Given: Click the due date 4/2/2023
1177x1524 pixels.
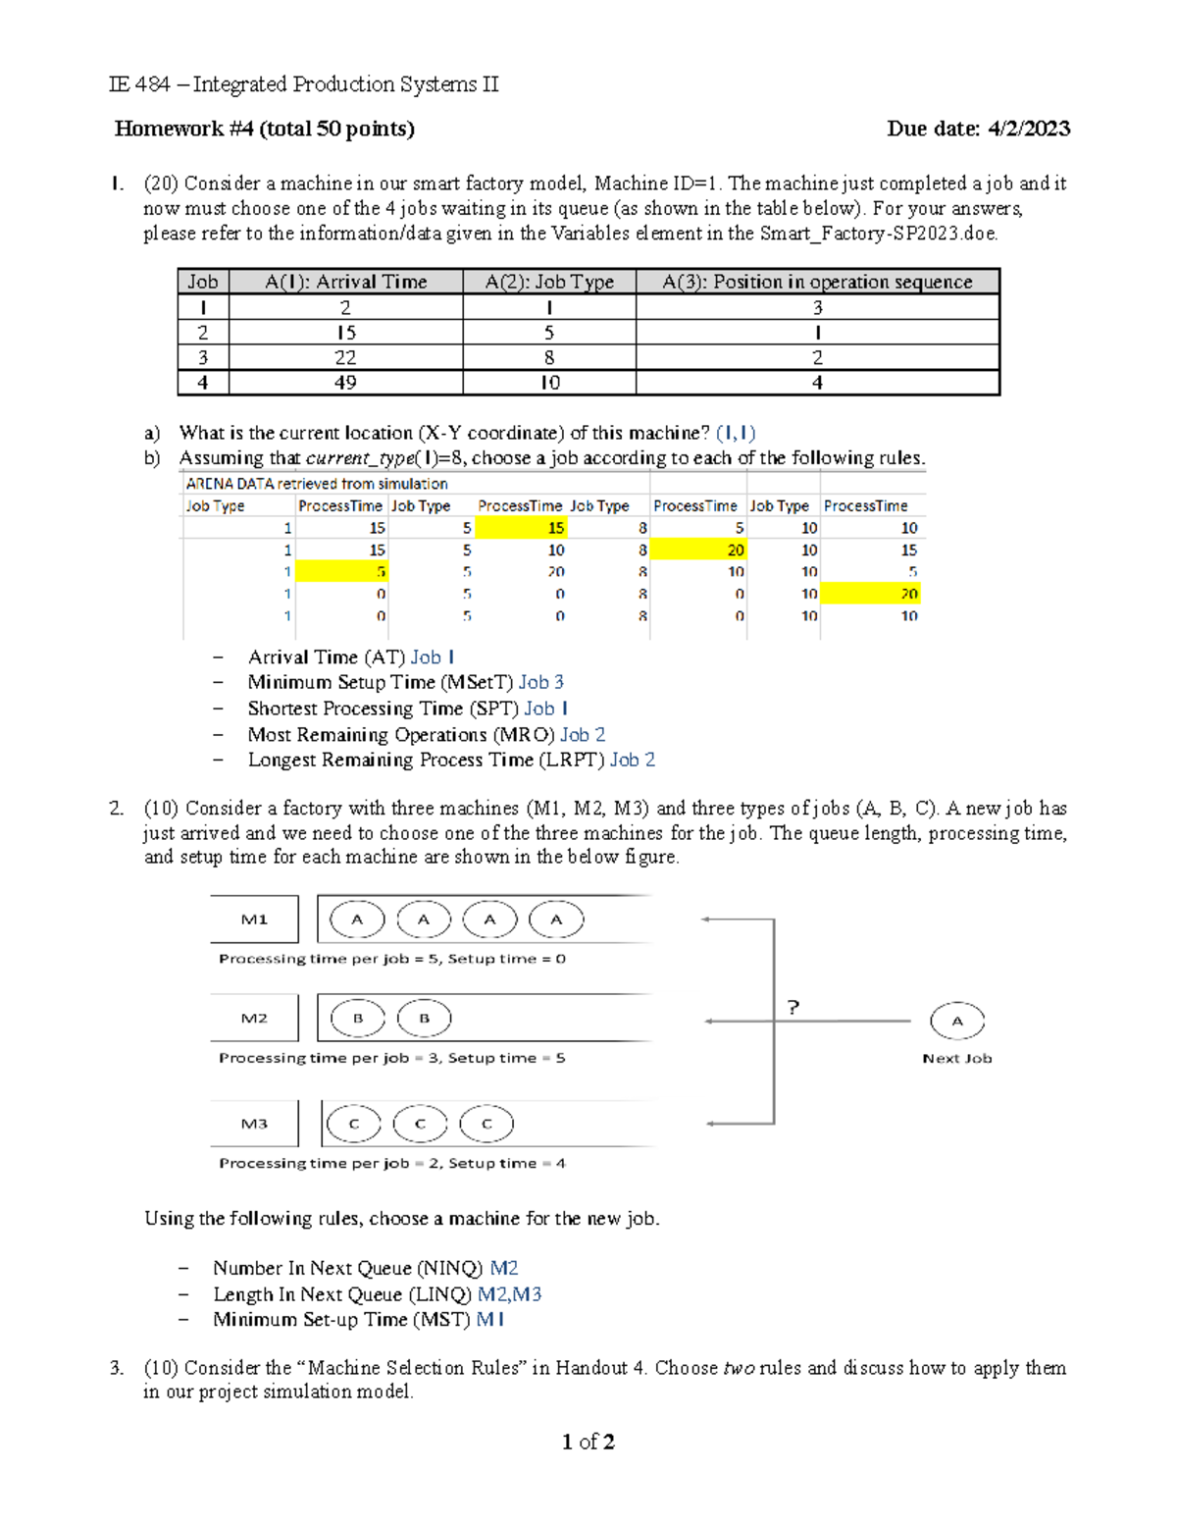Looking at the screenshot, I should (1028, 129).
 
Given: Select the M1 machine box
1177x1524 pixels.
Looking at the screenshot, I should (254, 920).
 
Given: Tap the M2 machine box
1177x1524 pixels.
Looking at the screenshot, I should (254, 1019).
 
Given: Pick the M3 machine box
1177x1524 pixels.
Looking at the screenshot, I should (254, 1124).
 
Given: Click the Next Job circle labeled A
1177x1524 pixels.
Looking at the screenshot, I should (956, 1022).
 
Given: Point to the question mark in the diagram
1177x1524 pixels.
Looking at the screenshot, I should (793, 1007).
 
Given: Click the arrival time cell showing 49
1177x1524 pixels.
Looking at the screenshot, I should (345, 383).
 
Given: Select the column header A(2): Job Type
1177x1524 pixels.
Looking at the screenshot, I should (549, 282).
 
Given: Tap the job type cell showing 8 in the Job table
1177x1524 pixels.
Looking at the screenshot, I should (549, 357).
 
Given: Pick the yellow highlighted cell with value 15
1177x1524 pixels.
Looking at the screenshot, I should (522, 528).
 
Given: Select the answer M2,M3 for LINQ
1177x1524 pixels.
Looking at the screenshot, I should (509, 1294).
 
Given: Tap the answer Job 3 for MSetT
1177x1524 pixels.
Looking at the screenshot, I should (541, 682).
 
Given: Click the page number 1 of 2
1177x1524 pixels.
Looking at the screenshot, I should (588, 1442).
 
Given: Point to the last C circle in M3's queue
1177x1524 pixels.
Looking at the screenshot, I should (486, 1124).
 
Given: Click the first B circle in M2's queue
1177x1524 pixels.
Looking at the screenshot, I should (357, 1019).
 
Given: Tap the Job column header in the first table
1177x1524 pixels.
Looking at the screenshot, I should (203, 282).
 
